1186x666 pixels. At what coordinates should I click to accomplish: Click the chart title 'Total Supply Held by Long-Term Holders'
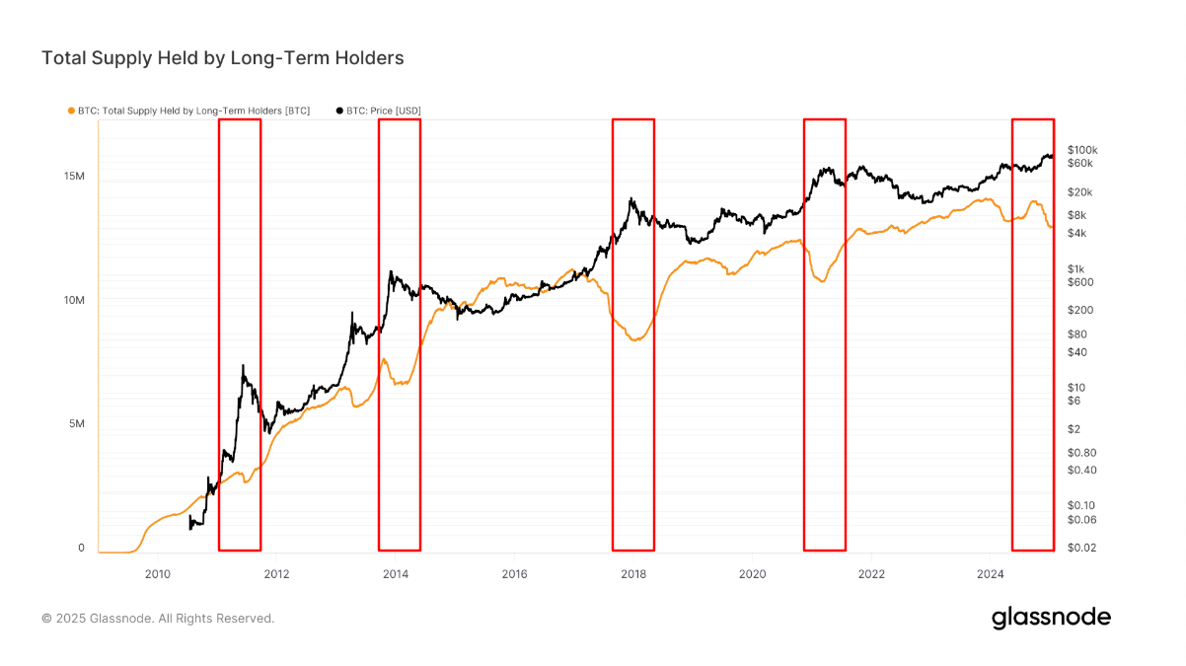click(222, 58)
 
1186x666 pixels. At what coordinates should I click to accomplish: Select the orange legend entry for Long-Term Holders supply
click(192, 111)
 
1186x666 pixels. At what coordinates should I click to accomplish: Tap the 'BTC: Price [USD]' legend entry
click(384, 111)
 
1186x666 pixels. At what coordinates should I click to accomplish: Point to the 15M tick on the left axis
click(74, 176)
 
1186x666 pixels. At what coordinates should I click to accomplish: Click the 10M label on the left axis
click(74, 300)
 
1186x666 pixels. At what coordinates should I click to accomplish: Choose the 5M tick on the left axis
click(78, 424)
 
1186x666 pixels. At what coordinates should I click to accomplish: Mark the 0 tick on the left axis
click(82, 548)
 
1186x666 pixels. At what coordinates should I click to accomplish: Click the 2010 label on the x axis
click(158, 572)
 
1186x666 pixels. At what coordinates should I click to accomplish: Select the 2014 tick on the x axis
click(395, 572)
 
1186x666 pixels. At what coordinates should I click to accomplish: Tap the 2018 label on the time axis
click(632, 572)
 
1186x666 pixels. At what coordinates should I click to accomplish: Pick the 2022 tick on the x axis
click(870, 572)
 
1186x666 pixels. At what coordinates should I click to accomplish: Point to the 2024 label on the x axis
click(990, 572)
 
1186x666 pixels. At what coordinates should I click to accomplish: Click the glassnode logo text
click(1051, 618)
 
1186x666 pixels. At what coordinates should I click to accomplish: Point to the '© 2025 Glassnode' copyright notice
click(158, 619)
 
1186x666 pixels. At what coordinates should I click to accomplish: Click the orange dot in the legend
click(70, 111)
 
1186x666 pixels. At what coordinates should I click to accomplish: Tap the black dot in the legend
click(340, 111)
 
